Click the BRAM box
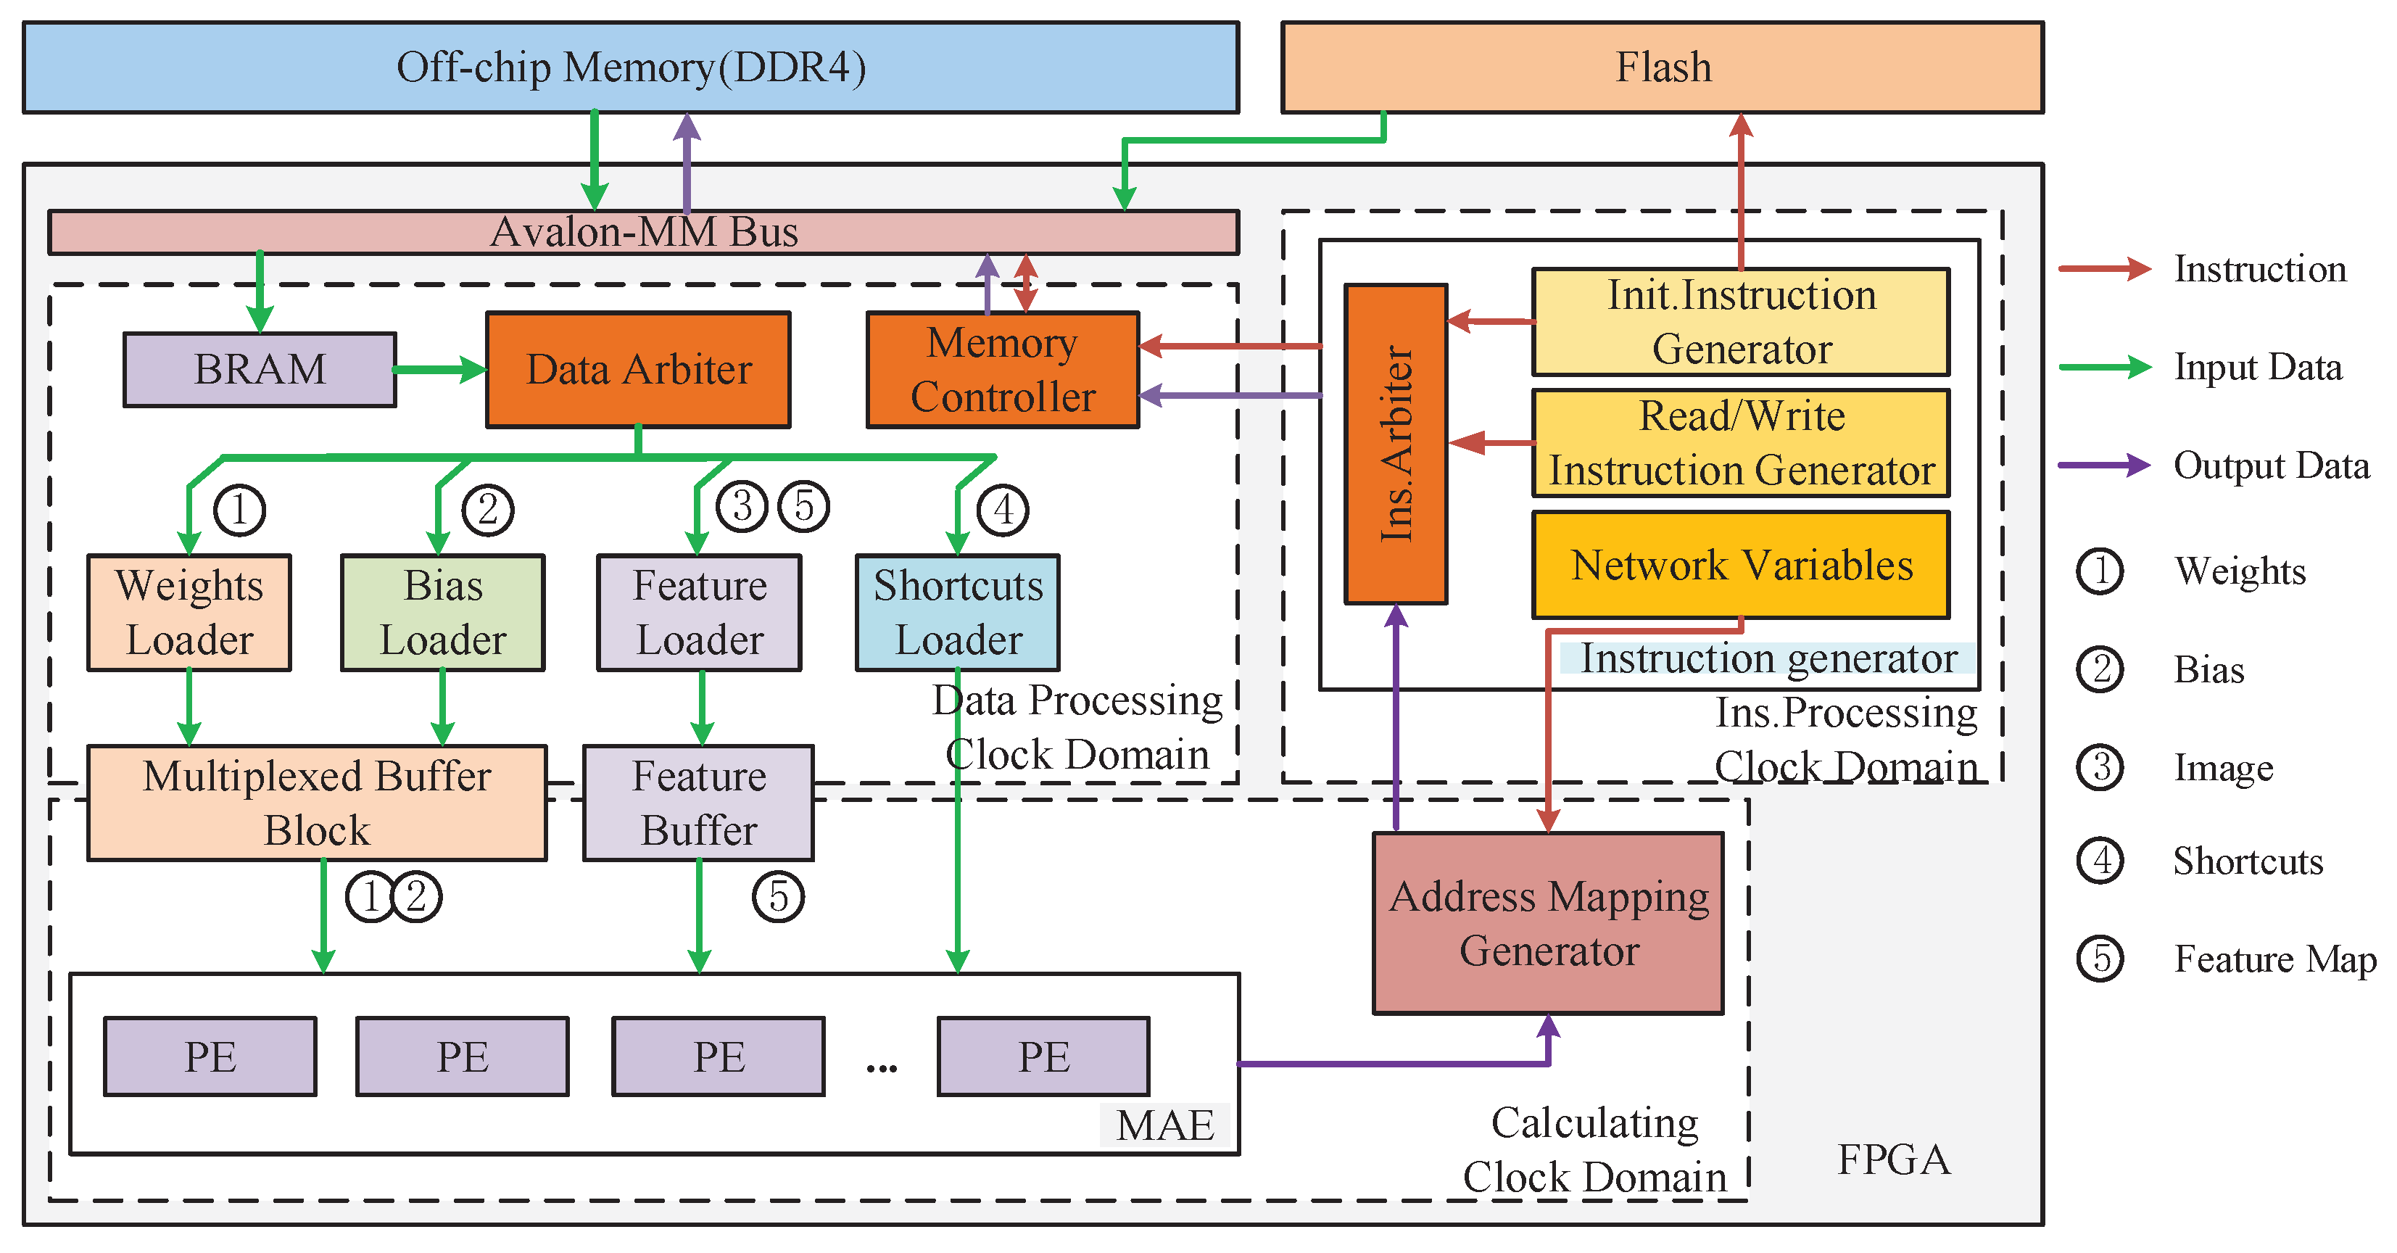click(260, 370)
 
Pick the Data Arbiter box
click(638, 370)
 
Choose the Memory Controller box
click(1002, 370)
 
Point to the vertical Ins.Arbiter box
click(1395, 444)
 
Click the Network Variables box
click(1740, 565)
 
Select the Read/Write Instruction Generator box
click(1740, 443)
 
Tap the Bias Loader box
click(443, 613)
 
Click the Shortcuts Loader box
click(958, 613)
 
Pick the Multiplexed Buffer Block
click(316, 803)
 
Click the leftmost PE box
click(210, 1056)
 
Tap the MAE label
click(1165, 1125)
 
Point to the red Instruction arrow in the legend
click(2104, 269)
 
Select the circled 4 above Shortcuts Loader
click(1002, 509)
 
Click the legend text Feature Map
click(2274, 959)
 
